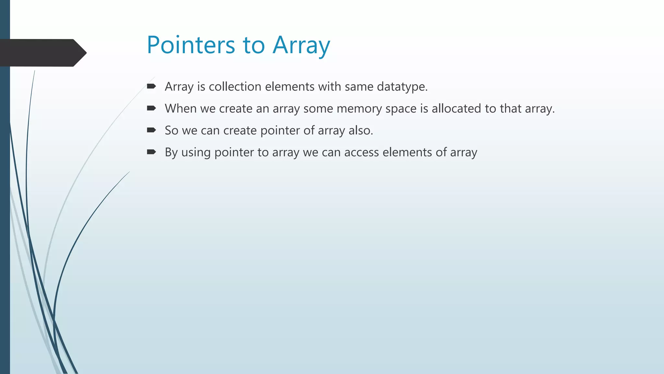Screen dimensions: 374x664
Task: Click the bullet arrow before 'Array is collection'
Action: pos(151,86)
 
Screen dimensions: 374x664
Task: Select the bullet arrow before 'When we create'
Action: pos(151,108)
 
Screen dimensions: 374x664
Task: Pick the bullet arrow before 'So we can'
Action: pos(151,130)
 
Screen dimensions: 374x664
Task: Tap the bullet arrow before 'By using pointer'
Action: pos(151,152)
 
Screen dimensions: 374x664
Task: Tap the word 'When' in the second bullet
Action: pos(181,108)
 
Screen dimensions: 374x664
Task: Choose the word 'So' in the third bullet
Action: pos(172,131)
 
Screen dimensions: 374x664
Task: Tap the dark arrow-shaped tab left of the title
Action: pos(42,53)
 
